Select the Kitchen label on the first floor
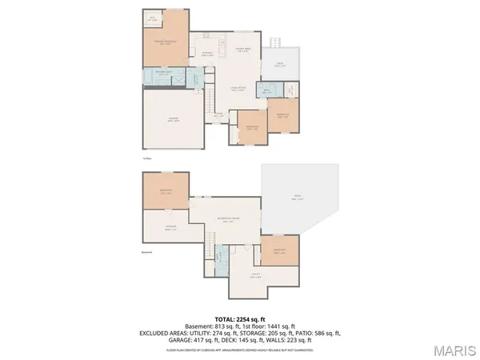(206, 54)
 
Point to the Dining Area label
(243, 50)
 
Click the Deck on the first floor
(281, 66)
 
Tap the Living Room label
(238, 89)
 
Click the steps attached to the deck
(274, 41)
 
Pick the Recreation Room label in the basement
(228, 220)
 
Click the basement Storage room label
(170, 227)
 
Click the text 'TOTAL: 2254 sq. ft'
(240, 317)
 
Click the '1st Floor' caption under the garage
(147, 158)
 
